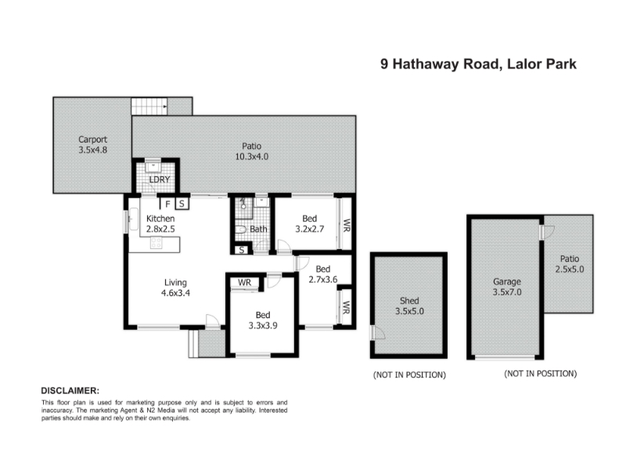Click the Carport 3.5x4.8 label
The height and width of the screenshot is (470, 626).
click(x=92, y=145)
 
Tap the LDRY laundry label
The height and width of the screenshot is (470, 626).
click(x=160, y=179)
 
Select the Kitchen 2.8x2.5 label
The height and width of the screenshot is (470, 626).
click(x=160, y=224)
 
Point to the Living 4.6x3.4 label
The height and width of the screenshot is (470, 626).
click(x=175, y=287)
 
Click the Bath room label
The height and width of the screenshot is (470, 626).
click(x=258, y=229)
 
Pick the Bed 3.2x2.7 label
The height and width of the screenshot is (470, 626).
click(x=309, y=224)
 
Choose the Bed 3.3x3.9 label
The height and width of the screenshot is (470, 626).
click(x=263, y=320)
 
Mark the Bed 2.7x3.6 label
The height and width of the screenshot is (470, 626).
click(x=322, y=274)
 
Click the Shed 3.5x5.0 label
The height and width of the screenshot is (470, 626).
click(x=409, y=305)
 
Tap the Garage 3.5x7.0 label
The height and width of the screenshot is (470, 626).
click(x=506, y=287)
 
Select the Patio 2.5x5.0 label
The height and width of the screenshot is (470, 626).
click(x=570, y=264)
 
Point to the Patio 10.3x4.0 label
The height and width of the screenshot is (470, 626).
click(x=251, y=151)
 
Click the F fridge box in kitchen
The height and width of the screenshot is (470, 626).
click(x=168, y=204)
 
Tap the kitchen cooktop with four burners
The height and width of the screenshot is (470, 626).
click(x=156, y=243)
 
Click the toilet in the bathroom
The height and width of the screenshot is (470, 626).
click(x=240, y=230)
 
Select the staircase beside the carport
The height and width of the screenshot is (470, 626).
click(x=149, y=107)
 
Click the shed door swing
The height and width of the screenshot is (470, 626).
click(x=378, y=332)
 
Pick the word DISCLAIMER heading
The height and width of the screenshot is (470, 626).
click(x=70, y=390)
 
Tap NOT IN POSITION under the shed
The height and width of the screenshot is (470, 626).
click(x=409, y=375)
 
